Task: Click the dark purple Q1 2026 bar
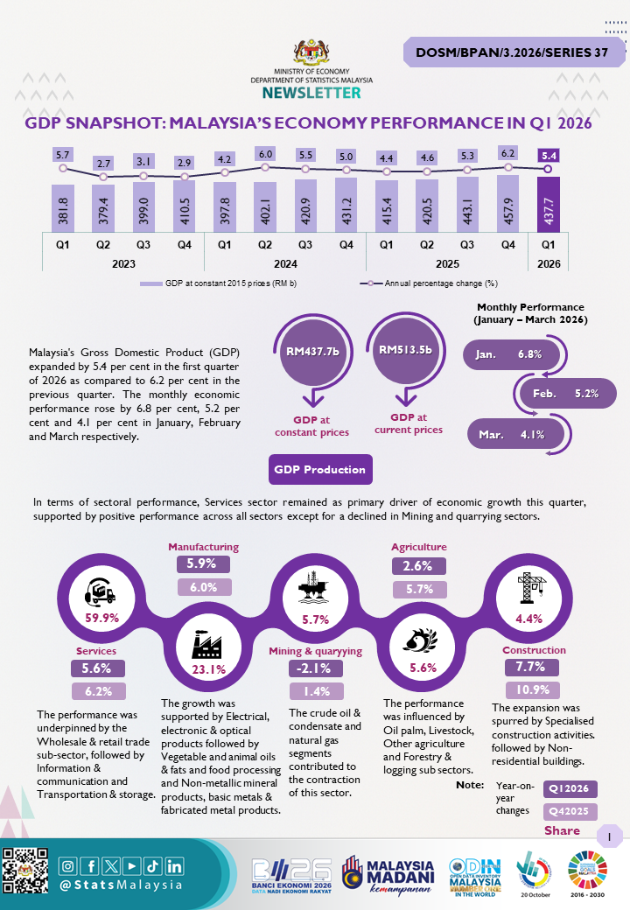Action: click(x=549, y=204)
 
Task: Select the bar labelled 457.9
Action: click(x=508, y=203)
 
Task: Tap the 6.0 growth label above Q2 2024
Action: click(x=265, y=154)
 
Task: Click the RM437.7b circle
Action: click(x=312, y=351)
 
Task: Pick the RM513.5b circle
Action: click(x=405, y=350)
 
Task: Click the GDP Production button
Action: click(x=320, y=469)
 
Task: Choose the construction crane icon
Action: click(x=531, y=588)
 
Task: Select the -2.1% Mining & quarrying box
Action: click(x=316, y=668)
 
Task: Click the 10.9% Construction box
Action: click(x=533, y=689)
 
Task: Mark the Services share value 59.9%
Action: click(x=102, y=618)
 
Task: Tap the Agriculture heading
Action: click(x=419, y=547)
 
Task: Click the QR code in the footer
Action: click(x=25, y=870)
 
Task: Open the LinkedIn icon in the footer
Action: click(x=174, y=866)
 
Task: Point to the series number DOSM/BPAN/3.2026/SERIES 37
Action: click(x=512, y=52)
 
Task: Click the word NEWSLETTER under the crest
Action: click(x=311, y=93)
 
